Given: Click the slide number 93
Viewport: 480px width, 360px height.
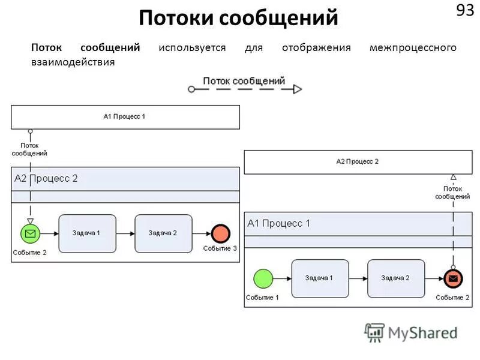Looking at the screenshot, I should point(465,11).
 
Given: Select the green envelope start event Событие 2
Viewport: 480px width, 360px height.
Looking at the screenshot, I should point(30,233).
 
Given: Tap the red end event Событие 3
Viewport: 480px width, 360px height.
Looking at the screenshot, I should point(220,233).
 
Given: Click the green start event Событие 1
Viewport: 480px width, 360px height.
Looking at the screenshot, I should point(263,278).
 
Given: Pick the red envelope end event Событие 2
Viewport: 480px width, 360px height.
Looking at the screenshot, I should point(453,278).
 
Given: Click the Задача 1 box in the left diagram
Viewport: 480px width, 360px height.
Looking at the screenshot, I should point(87,233).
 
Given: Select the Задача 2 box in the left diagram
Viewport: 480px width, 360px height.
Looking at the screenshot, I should point(163,233).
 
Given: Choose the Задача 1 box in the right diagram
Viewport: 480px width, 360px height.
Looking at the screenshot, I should point(320,278).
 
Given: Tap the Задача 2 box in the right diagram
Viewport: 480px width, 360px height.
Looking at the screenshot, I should point(396,278).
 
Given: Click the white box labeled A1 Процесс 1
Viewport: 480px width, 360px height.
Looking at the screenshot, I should point(125,117).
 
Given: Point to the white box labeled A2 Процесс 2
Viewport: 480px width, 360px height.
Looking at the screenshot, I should point(358,162).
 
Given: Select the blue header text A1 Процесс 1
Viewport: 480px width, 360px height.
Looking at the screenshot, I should point(279,223).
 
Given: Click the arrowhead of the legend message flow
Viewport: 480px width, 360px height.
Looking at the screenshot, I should point(298,89).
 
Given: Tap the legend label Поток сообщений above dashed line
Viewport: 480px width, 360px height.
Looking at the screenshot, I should point(244,80).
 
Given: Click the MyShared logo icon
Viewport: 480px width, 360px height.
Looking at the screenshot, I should point(374,332).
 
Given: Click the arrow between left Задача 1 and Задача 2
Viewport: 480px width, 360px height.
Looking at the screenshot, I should point(125,233).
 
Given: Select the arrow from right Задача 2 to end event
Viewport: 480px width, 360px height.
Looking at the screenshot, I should point(434,278).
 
